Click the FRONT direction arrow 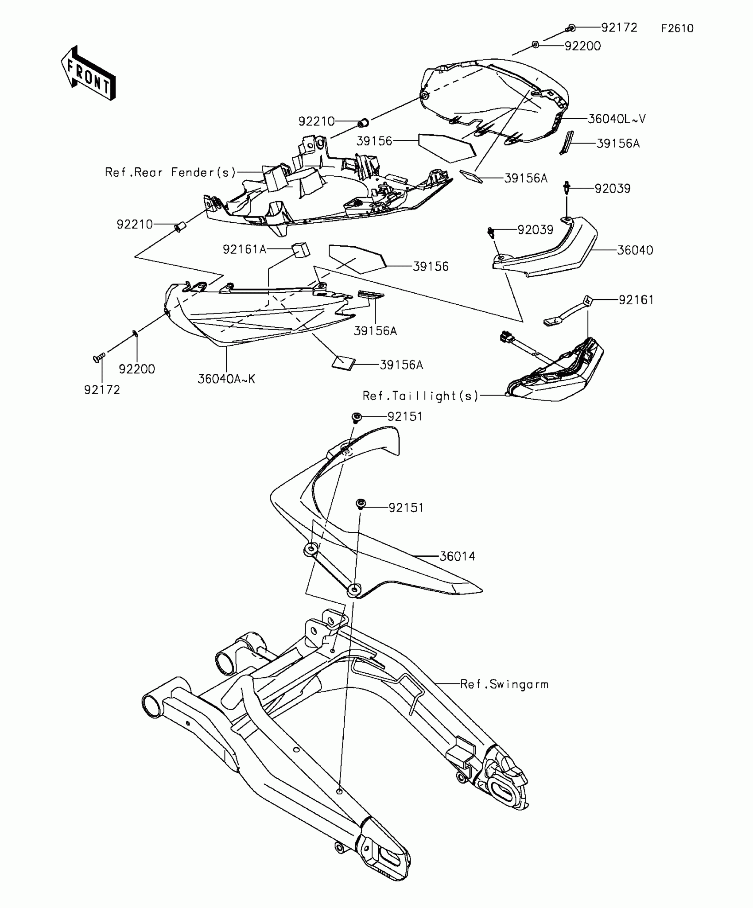pyautogui.click(x=88, y=73)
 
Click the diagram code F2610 pyautogui.click(x=677, y=29)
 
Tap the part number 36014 pyautogui.click(x=457, y=556)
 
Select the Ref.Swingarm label pyautogui.click(x=504, y=684)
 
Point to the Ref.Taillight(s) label pyautogui.click(x=420, y=396)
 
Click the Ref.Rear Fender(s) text pyautogui.click(x=171, y=172)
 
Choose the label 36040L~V pyautogui.click(x=617, y=119)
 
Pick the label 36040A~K pyautogui.click(x=226, y=379)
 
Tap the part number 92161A pyautogui.click(x=245, y=250)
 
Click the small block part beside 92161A pyautogui.click(x=301, y=249)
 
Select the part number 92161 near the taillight pyautogui.click(x=636, y=300)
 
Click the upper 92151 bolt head pyautogui.click(x=356, y=417)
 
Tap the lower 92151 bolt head pyautogui.click(x=361, y=504)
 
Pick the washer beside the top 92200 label pyautogui.click(x=536, y=45)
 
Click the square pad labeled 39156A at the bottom pyautogui.click(x=344, y=363)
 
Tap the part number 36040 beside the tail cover pyautogui.click(x=635, y=251)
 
